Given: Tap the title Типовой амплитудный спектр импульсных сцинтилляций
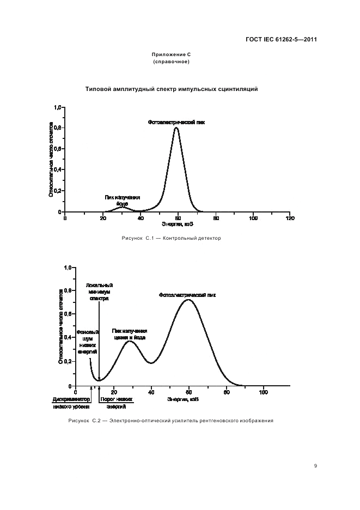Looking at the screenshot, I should pyautogui.click(x=172, y=89).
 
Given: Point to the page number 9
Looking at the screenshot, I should pyautogui.click(x=315, y=466).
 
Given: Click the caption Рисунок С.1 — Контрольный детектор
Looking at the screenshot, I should pyautogui.click(x=171, y=238).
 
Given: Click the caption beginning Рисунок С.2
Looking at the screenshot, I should pyautogui.click(x=170, y=421).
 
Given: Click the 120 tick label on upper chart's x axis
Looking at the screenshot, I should pyautogui.click(x=290, y=218).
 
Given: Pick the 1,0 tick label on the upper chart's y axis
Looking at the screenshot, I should pyautogui.click(x=57, y=107).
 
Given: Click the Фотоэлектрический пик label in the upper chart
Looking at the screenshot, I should pyautogui.click(x=176, y=123).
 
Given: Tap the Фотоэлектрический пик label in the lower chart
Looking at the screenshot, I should pyautogui.click(x=187, y=295).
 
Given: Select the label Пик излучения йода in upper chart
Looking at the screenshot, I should pyautogui.click(x=123, y=200).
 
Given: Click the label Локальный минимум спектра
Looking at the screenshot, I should pyautogui.click(x=99, y=292).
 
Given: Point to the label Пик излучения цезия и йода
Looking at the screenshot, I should pyautogui.click(x=130, y=334).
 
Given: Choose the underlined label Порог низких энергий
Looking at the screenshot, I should pyautogui.click(x=116, y=403).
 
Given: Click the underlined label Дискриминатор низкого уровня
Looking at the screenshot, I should pyautogui.click(x=72, y=403).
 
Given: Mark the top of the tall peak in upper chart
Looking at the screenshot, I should pyautogui.click(x=176, y=128).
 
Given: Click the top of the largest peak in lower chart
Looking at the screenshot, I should pyautogui.click(x=188, y=300).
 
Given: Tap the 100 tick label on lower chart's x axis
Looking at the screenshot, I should pyautogui.click(x=264, y=392).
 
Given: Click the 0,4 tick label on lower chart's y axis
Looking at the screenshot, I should pyautogui.click(x=69, y=338).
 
